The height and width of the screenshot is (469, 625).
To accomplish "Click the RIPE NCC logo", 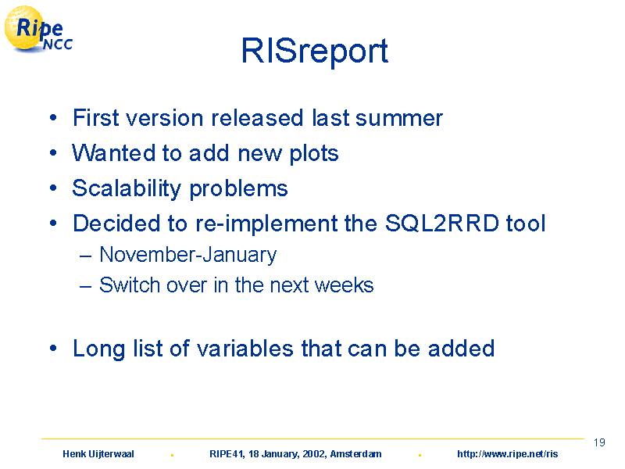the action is coord(38,30).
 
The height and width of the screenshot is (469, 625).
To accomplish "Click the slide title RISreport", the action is coord(315,51).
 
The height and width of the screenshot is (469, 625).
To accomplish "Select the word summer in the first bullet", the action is coord(399,119).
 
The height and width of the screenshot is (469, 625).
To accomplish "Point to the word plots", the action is coord(314,154).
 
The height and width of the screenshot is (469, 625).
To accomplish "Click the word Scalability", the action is coord(127,188).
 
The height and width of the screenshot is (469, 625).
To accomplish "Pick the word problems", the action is coord(239,189).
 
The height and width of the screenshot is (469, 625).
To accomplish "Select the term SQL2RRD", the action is coord(442,223).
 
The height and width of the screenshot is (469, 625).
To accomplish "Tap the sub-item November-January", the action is coord(187,255).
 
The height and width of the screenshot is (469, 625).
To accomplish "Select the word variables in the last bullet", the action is coord(245,348).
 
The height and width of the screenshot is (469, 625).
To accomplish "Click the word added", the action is coord(461,348).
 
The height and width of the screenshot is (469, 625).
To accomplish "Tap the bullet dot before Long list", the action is coord(53,348).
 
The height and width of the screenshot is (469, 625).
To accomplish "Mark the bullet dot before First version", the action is coord(53,118).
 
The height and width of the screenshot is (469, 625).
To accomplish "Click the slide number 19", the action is coord(599,442).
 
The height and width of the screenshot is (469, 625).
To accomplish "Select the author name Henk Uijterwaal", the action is coord(98,454).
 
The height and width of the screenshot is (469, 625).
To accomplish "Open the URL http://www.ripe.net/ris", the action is coord(507,454).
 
